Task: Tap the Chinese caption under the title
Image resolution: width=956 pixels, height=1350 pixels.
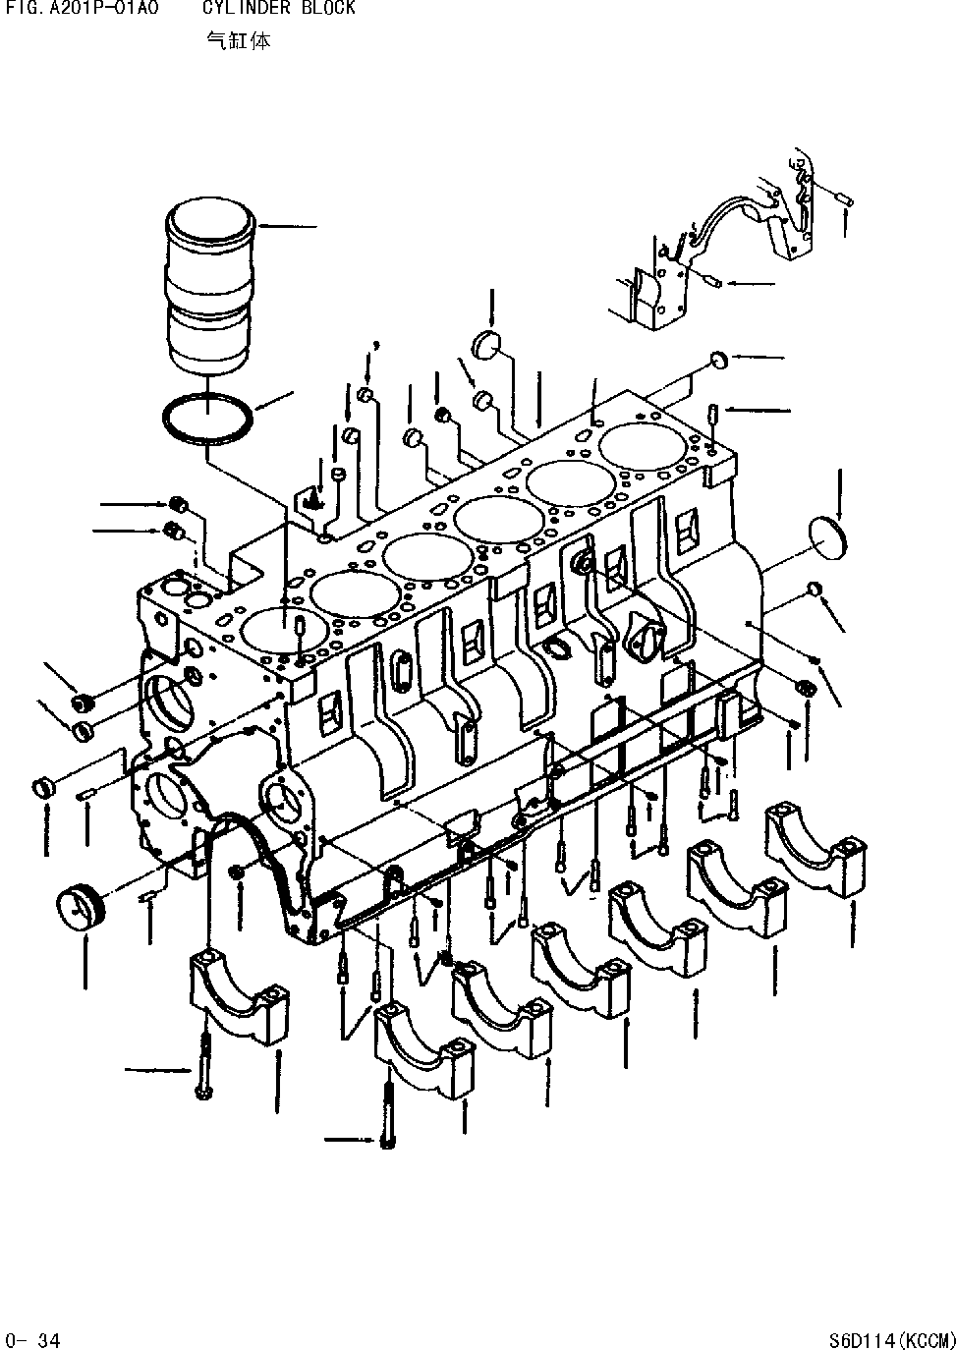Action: [238, 41]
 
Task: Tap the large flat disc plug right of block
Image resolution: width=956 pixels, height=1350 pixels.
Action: [829, 537]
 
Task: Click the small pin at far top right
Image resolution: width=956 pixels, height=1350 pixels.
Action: [845, 200]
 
